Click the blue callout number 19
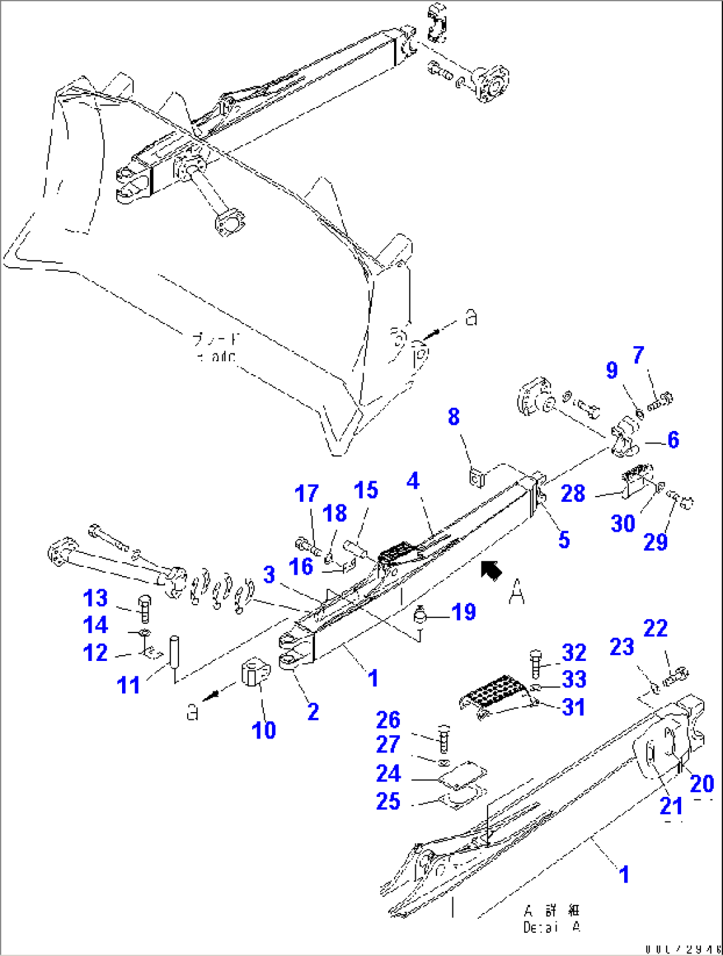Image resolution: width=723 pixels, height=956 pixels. point(464,611)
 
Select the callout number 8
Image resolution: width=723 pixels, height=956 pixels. point(454,417)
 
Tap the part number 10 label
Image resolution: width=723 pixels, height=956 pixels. point(264,730)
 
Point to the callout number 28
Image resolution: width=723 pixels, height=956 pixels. point(573,493)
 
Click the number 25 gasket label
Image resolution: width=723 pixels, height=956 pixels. point(388,801)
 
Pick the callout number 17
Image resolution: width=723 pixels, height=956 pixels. point(306,494)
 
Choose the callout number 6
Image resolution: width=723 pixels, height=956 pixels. point(673,440)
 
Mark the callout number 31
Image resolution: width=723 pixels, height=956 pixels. point(574,707)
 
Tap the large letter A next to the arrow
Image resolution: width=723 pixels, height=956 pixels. point(517,591)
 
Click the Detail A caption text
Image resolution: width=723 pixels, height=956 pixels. point(552,919)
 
